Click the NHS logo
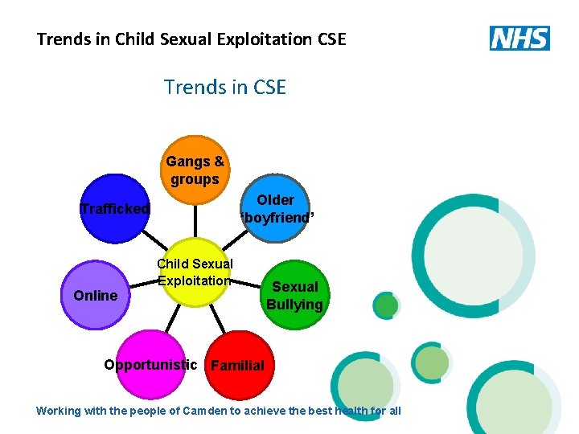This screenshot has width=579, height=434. pos(519,38)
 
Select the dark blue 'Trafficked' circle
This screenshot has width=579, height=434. pos(116,209)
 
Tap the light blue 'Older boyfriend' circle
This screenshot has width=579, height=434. pos(275,208)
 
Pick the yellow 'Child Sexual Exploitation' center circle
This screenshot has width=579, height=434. pos(195,272)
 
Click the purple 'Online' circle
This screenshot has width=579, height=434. pos(96,295)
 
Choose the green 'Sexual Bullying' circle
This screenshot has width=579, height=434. pos(294,295)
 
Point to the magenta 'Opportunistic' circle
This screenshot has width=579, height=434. pos(150,365)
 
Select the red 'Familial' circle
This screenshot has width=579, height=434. pos(238,365)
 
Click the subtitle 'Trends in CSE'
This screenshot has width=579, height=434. pos(224,87)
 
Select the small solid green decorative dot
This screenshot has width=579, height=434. pos(387,305)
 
